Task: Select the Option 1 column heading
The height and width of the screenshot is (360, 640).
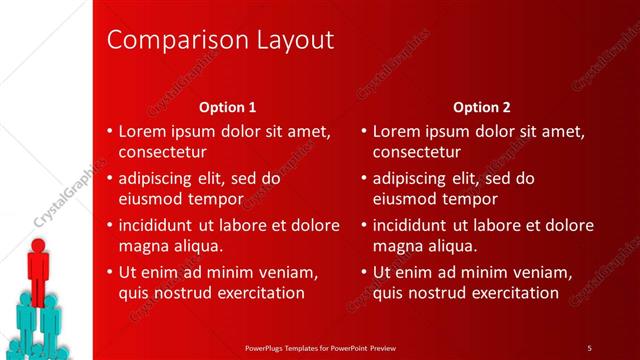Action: tap(227, 106)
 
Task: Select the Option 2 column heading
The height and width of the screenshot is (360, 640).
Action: tap(481, 106)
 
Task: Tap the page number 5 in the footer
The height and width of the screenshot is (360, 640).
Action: tap(589, 347)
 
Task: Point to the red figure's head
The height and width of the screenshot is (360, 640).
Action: tap(38, 245)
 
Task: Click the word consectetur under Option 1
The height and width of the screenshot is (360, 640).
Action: tap(163, 153)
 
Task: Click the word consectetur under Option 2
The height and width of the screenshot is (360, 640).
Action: tap(417, 153)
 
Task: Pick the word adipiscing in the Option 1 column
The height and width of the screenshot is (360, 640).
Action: tap(158, 179)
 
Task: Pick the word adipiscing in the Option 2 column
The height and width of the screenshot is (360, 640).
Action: tap(412, 179)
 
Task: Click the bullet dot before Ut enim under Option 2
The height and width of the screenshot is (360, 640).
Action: tap(364, 272)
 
